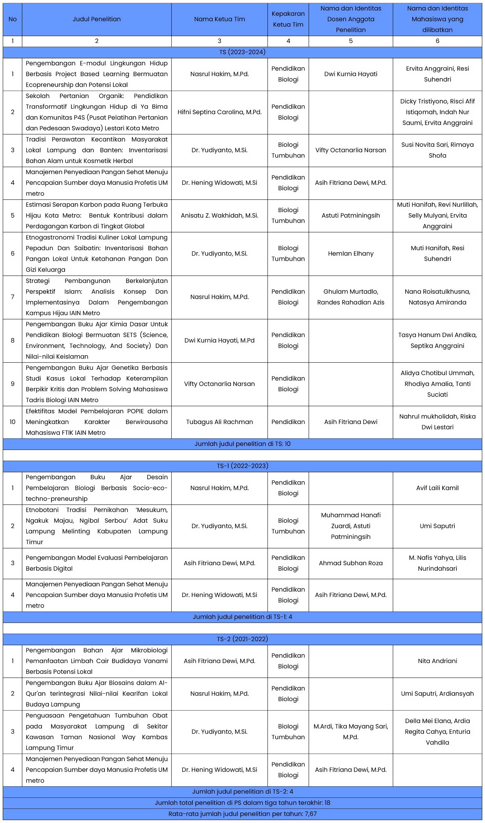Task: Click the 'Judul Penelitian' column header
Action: (96, 19)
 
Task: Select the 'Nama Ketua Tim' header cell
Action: (219, 19)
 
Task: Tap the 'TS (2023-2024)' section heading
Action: (242, 52)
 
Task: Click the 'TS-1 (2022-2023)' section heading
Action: (242, 466)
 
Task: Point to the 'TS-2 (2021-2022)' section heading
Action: (242, 639)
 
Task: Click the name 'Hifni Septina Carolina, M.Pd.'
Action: (219, 112)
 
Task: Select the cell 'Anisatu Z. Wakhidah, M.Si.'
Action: (219, 215)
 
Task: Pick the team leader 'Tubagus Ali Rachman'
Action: (219, 422)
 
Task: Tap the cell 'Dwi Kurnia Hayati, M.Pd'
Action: (219, 340)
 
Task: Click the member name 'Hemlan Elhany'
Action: (350, 253)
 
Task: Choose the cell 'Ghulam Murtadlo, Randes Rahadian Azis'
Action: (350, 297)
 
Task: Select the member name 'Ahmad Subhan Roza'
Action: (350, 563)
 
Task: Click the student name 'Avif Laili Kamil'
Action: (437, 488)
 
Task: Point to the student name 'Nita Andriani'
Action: (437, 661)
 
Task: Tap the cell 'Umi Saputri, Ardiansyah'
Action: (437, 693)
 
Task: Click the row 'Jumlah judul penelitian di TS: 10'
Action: (242, 444)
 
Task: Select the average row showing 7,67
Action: (242, 814)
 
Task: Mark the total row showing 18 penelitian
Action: (242, 803)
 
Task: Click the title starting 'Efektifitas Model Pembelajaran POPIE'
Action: (96, 422)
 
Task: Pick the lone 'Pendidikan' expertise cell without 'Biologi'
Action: (288, 422)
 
